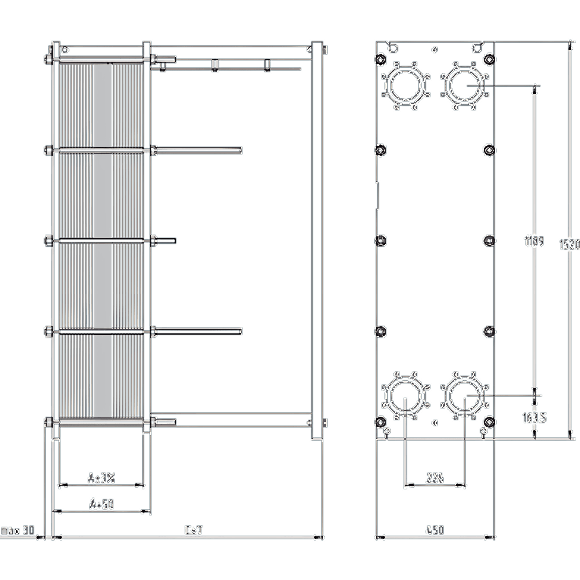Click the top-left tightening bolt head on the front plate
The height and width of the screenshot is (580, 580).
380,59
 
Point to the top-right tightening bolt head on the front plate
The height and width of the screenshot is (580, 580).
489,59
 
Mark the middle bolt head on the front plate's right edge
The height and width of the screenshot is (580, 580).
489,240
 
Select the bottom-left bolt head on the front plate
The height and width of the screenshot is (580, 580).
380,421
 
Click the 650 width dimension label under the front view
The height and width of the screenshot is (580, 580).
435,530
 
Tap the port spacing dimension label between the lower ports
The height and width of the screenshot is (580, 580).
435,478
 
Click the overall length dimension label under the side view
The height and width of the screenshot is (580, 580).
194,530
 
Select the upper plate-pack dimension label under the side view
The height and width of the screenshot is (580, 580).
102,478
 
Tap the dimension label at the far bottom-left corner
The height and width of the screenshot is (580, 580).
18,531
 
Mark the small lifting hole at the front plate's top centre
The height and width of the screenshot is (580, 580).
435,49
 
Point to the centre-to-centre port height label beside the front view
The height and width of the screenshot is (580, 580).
534,242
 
